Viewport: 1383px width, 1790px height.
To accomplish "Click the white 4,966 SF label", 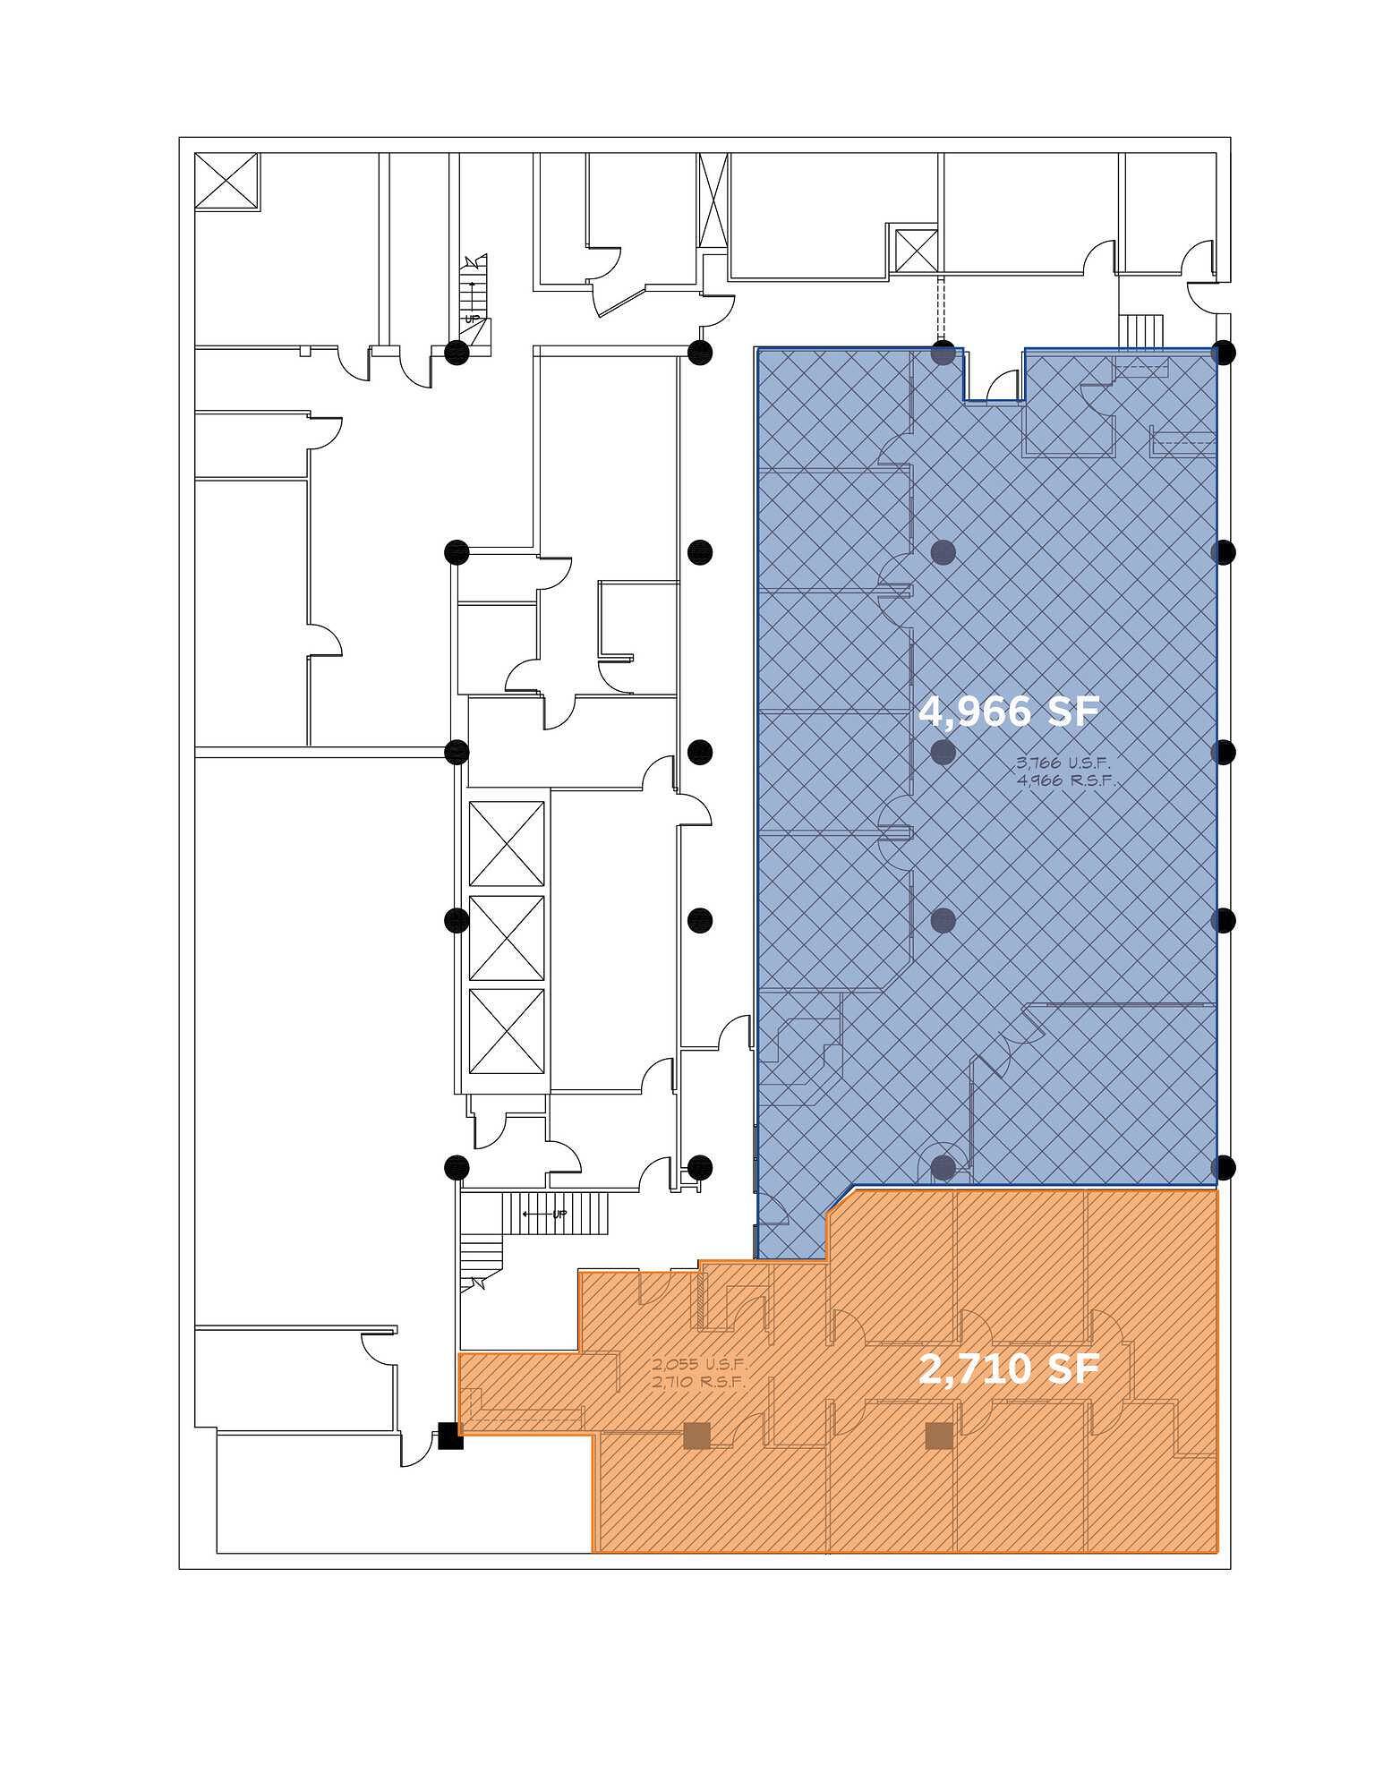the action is tap(1008, 712).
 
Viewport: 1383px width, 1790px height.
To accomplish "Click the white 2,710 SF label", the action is tap(1009, 1369).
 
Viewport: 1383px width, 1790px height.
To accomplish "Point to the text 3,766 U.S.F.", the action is tap(1063, 763).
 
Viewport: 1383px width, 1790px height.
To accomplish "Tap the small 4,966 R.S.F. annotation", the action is tap(1067, 780).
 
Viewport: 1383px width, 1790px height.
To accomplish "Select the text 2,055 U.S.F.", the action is tap(699, 1365).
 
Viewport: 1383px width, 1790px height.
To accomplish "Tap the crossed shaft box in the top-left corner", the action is tap(226, 182).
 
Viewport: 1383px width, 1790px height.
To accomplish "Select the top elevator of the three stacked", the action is tap(507, 844).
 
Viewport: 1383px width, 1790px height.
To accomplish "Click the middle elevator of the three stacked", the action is tap(507, 938).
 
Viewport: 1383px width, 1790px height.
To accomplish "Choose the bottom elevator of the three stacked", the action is tap(507, 1031).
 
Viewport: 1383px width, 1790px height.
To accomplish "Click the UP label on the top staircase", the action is tap(472, 319).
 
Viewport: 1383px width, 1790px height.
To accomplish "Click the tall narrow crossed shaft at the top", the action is tap(713, 198).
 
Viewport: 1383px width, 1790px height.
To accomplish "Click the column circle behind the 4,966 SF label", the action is tap(943, 752).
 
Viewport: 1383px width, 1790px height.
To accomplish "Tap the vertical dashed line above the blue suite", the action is tap(940, 310).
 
